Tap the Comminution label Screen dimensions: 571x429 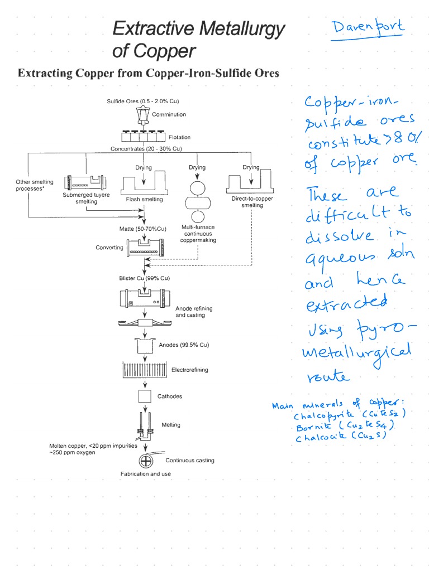(x=169, y=115)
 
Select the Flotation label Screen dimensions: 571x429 (x=179, y=137)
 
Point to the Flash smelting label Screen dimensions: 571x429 (x=145, y=199)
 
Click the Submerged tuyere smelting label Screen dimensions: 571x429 (x=86, y=199)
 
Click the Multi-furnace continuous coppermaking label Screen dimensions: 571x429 (x=198, y=234)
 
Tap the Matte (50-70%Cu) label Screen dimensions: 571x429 (x=143, y=229)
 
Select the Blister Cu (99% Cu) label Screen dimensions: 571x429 (x=144, y=278)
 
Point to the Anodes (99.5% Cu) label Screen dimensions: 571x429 (x=184, y=345)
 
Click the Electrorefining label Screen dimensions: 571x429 (x=189, y=370)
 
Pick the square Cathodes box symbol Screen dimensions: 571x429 (x=145, y=396)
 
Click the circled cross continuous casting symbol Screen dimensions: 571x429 (x=146, y=461)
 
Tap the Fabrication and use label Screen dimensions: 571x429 (x=145, y=474)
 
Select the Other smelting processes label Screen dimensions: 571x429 (x=34, y=185)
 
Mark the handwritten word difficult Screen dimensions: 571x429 (x=340, y=215)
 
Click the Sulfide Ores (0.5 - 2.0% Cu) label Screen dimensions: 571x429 (x=142, y=101)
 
